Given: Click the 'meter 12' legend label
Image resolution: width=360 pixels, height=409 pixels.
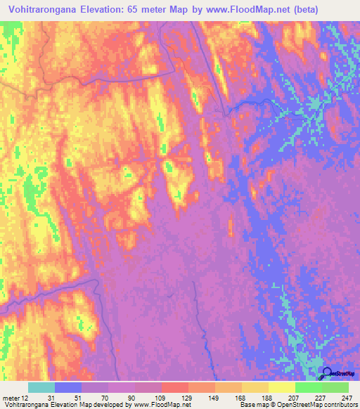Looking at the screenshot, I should (x=13, y=397).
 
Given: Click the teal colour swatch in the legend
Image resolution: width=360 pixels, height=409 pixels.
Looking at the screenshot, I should (x=41, y=387).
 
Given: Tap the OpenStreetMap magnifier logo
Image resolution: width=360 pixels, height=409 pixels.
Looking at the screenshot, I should (x=327, y=373).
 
